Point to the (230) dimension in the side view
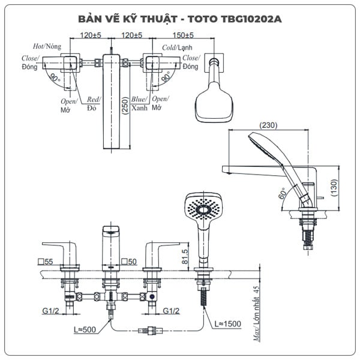click(x=268, y=125)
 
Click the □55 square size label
click(x=45, y=262)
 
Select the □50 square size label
click(x=128, y=262)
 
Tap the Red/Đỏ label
click(x=94, y=103)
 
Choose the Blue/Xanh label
click(x=140, y=103)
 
